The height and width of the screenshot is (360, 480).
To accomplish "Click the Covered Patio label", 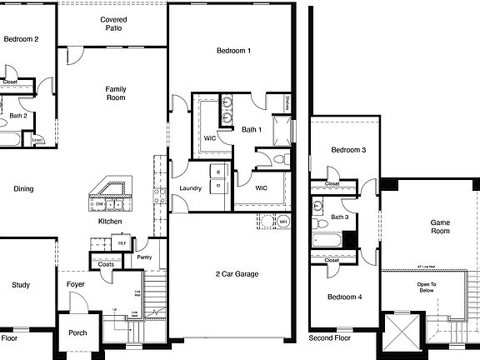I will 113,23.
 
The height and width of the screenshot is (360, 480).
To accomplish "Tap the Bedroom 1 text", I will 234,52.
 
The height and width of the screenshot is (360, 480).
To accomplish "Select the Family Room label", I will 115,92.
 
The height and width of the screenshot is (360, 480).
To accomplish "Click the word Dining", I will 23,189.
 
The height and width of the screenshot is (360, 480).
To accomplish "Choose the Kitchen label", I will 110,222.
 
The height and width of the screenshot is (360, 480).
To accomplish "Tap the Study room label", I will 21,285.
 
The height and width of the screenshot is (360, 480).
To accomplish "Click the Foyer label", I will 76,285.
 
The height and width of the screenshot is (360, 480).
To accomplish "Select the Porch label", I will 77,332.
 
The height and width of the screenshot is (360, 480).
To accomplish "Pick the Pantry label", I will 145,257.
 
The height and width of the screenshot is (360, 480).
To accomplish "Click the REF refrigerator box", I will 122,243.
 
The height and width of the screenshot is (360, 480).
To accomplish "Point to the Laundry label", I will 190,188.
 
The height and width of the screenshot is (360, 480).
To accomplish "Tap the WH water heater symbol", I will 282,222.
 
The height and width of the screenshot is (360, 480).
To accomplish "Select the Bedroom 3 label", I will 347,150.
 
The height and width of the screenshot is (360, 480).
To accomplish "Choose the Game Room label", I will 439,227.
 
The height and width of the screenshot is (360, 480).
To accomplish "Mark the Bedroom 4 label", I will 344,297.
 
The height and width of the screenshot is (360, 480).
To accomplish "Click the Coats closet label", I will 107,265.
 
